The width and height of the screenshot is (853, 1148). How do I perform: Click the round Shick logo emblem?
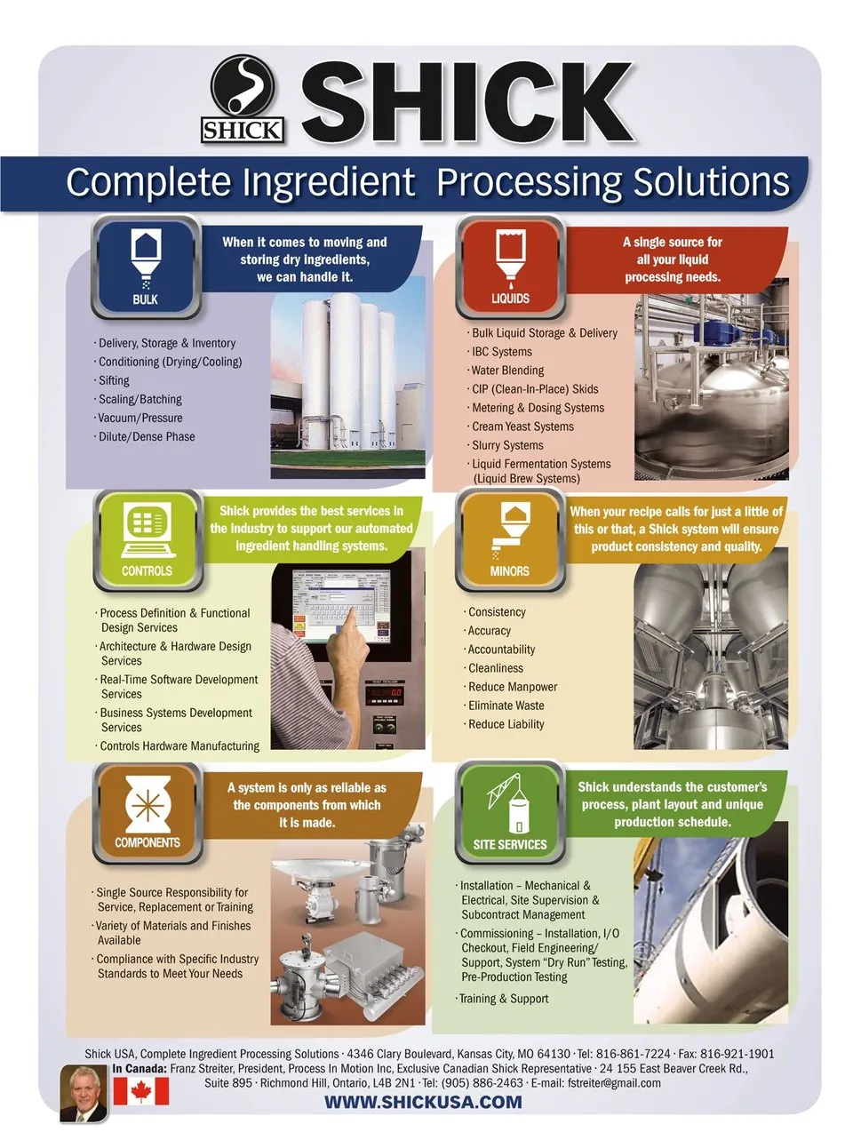[243, 86]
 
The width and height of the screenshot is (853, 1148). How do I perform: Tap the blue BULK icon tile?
[146, 267]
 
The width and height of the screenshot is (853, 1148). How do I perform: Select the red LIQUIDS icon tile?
[510, 267]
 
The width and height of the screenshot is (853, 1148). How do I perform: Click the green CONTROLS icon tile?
[147, 540]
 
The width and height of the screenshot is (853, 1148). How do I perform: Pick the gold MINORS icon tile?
[510, 540]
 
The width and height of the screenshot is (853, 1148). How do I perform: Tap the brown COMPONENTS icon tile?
[147, 813]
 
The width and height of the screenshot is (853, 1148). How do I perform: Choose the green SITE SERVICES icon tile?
[510, 813]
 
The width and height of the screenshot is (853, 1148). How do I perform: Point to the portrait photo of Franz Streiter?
[84, 1093]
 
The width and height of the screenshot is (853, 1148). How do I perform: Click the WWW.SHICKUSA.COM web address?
[423, 1102]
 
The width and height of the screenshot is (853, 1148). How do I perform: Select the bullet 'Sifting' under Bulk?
[114, 380]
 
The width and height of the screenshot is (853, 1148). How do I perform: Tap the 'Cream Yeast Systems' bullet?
[522, 427]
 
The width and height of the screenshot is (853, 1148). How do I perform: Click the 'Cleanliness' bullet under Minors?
[495, 668]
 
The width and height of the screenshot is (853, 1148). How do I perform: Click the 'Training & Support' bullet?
[503, 999]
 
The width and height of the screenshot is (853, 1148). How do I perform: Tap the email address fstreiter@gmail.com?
[614, 1083]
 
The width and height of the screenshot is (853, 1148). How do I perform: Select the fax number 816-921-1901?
[737, 1054]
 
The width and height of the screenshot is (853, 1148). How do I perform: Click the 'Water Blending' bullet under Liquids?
[506, 371]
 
